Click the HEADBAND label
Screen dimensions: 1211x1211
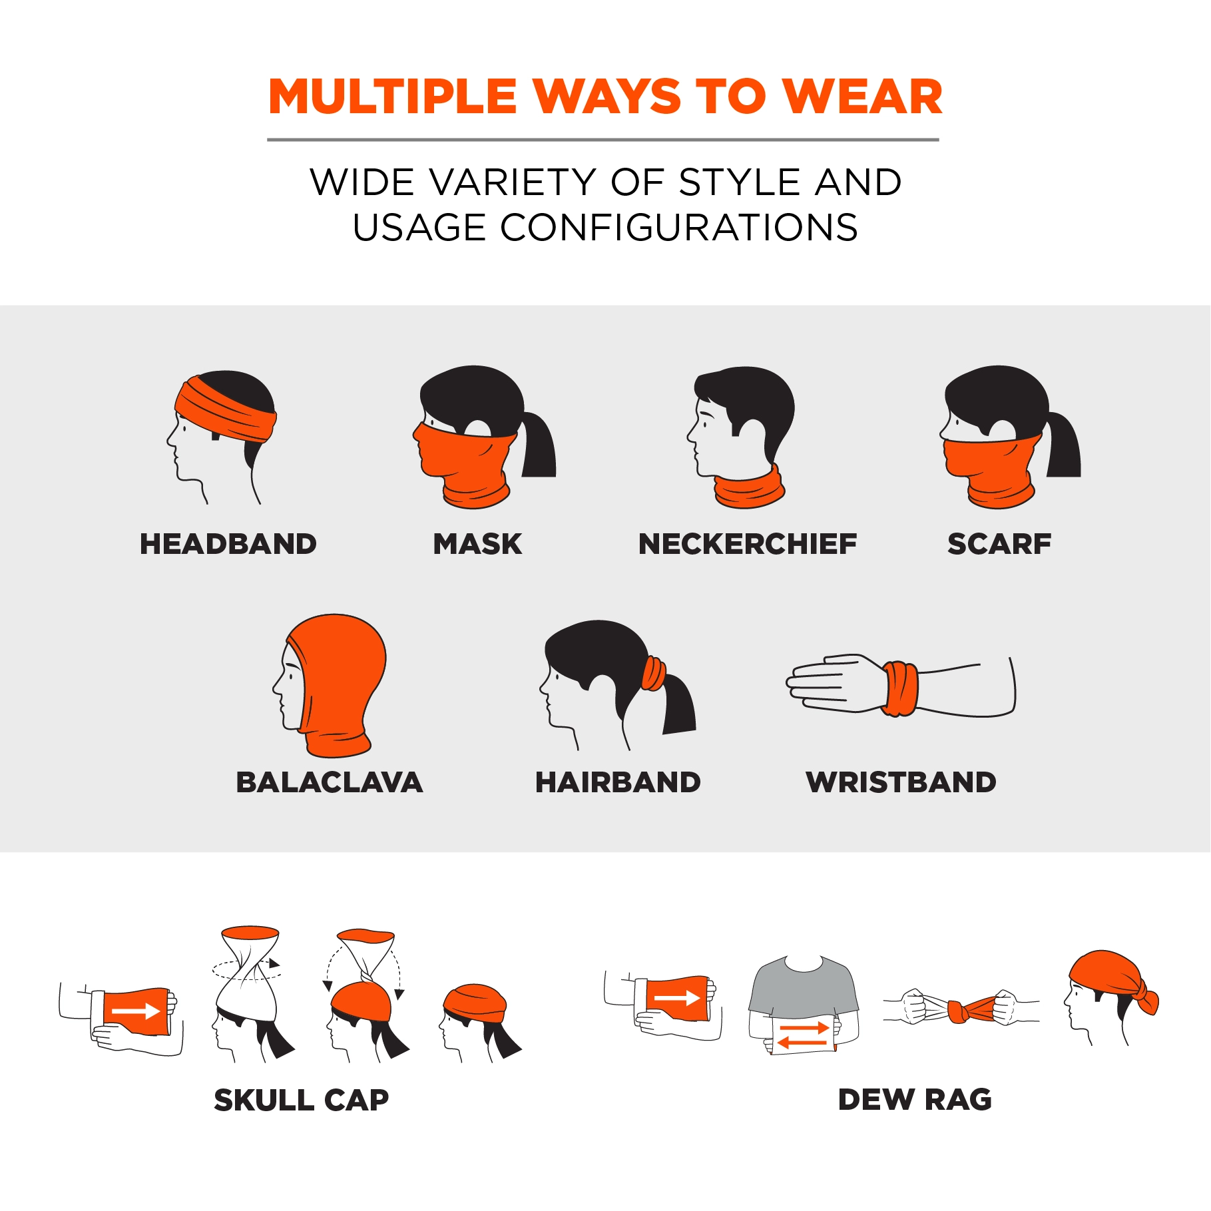pos(228,544)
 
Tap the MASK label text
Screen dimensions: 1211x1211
pos(477,544)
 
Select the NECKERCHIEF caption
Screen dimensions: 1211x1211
pos(748,544)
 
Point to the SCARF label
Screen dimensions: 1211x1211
pos(999,544)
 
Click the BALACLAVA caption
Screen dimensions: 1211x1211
pos(330,782)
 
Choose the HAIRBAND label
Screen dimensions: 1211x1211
pos(618,782)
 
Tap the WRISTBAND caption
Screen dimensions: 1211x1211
pos(901,782)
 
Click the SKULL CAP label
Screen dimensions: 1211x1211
pos(302,1100)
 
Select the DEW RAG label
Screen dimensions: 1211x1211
pos(915,1099)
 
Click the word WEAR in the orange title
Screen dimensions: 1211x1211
pos(862,97)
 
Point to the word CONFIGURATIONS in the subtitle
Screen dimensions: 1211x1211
pos(679,227)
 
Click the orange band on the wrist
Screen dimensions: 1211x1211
pos(900,688)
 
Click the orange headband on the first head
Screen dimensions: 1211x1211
pos(225,409)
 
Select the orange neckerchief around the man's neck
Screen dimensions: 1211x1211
pos(750,488)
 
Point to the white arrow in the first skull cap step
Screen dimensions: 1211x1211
pos(136,1011)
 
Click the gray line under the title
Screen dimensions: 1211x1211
pos(603,140)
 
